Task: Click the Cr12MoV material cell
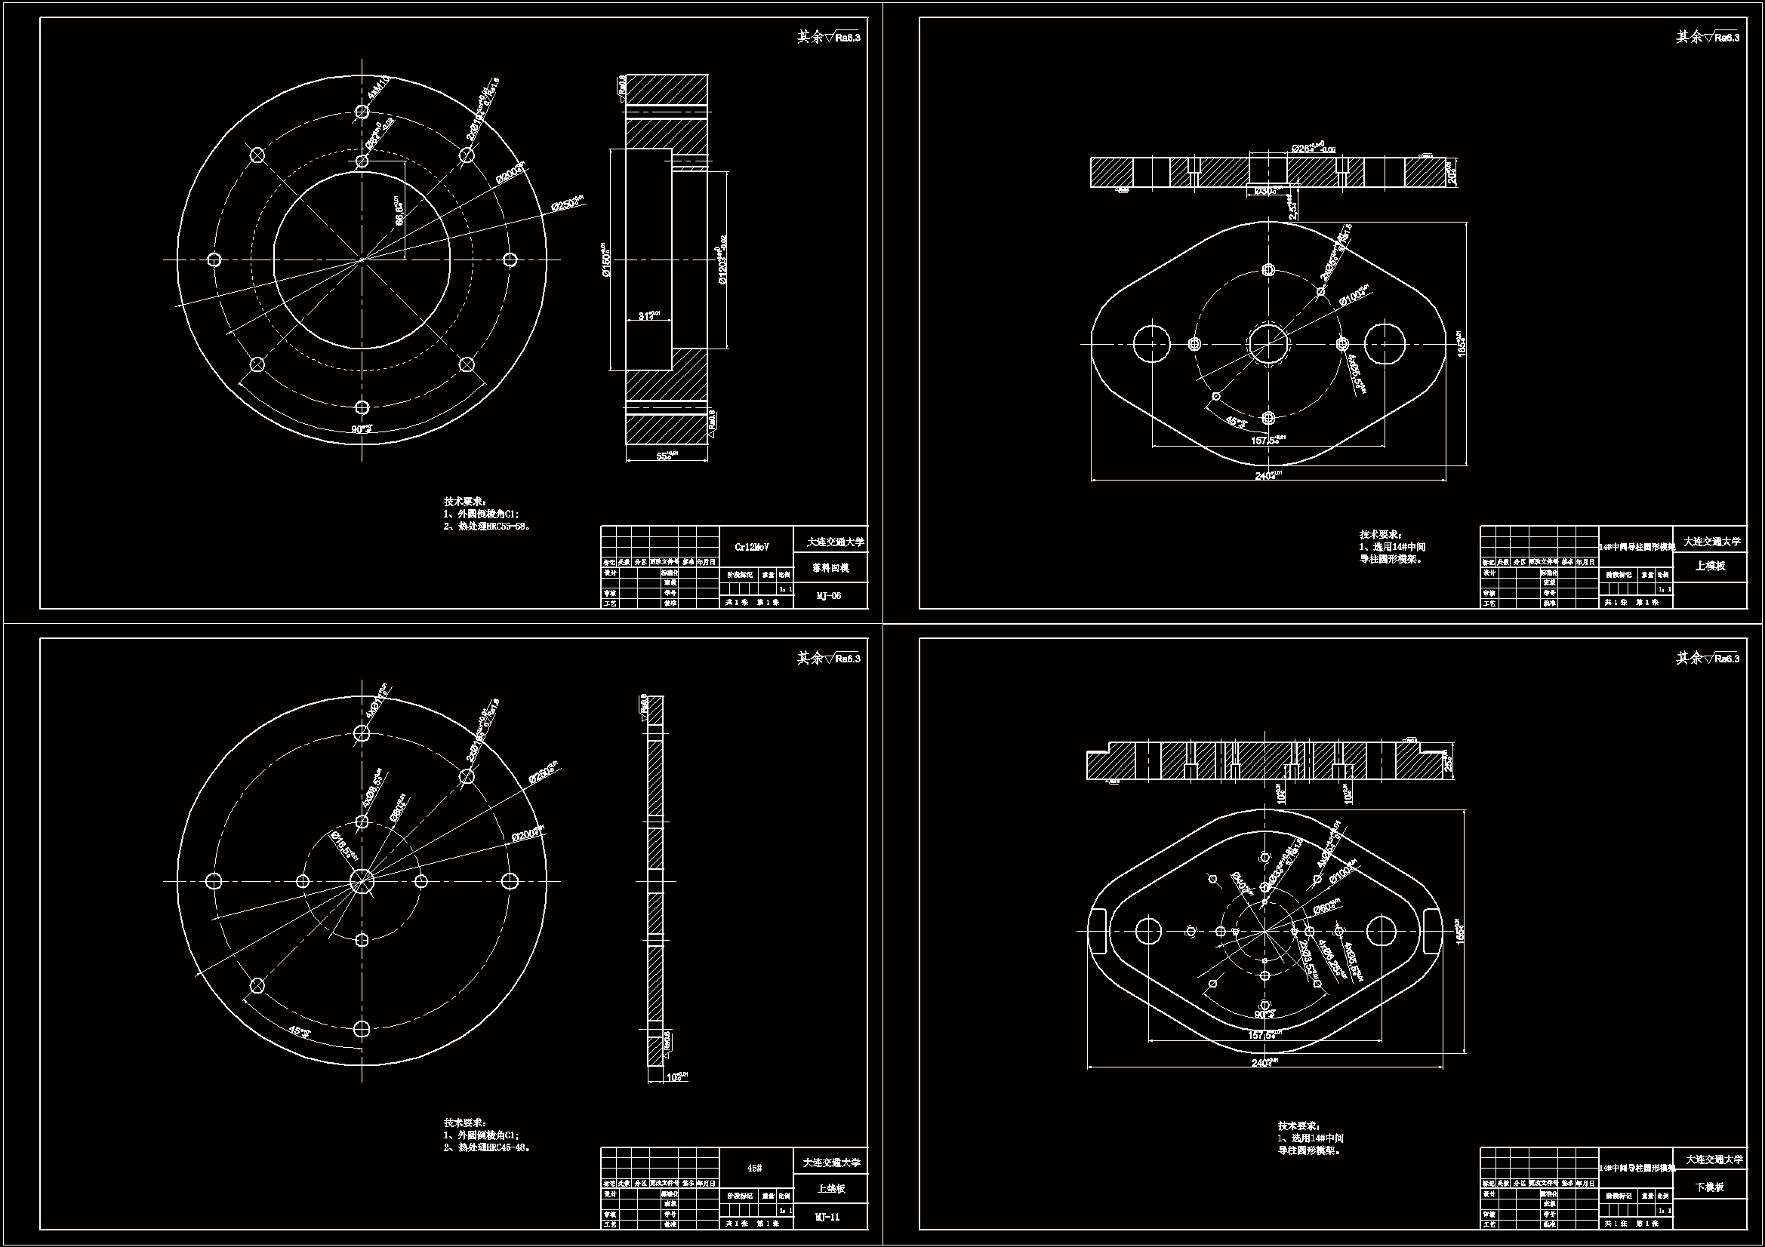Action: coord(752,547)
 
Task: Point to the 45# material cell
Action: coord(755,1168)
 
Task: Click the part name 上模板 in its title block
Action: coord(1710,567)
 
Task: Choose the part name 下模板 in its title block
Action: coord(1710,1187)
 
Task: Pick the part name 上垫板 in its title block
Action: coord(831,1189)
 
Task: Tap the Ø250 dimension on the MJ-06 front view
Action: coord(568,204)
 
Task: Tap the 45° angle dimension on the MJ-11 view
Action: coord(297,1030)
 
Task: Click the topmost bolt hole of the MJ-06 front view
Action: coord(362,112)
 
